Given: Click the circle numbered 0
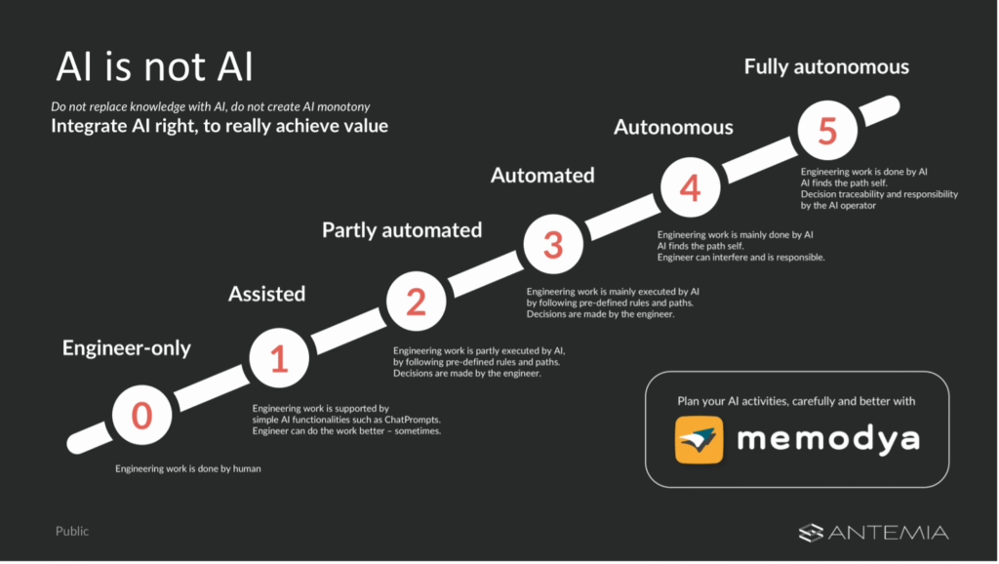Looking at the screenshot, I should [x=142, y=416].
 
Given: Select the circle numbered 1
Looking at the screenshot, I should [x=279, y=359].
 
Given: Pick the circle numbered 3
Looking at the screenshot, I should [x=553, y=245].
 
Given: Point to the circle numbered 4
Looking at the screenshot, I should [x=690, y=188].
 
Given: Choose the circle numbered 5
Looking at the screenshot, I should [x=826, y=131].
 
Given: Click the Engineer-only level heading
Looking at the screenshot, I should [x=127, y=348].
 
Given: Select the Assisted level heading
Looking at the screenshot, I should [x=266, y=293].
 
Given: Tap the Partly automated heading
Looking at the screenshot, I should [x=402, y=230].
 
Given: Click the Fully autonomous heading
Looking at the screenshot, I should [x=826, y=67].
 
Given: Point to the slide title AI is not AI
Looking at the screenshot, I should [x=154, y=68].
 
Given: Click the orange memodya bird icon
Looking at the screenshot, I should [x=699, y=439].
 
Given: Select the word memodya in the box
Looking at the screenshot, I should [x=827, y=439].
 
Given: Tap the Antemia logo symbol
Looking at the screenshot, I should [x=812, y=532].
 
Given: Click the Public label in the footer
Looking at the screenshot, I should [x=72, y=532].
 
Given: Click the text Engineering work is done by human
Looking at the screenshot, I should [x=188, y=468].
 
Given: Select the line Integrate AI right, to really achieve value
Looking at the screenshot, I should [x=220, y=127].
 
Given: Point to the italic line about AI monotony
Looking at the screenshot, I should [x=210, y=105].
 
